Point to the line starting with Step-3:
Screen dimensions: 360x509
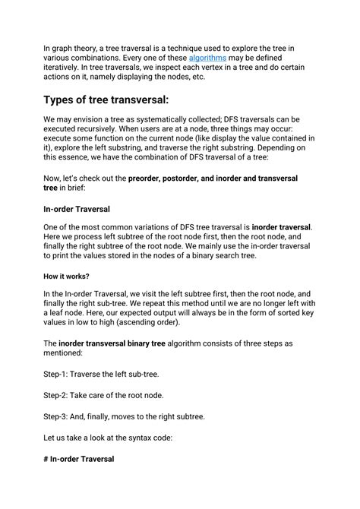[124, 416]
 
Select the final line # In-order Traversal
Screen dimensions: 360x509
[79, 459]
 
